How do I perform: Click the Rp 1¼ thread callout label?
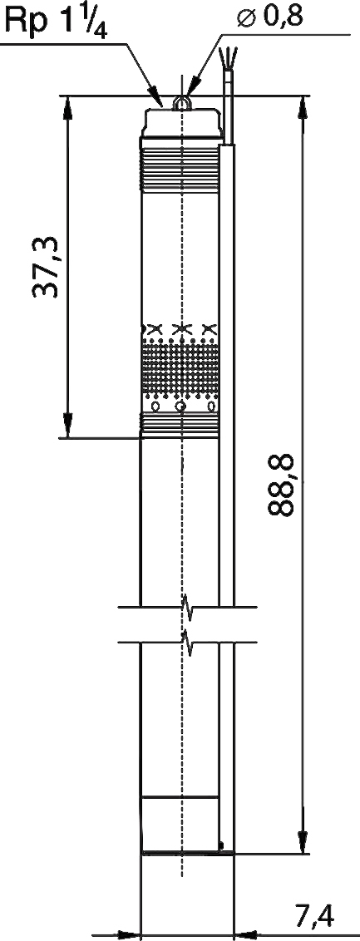point(56,22)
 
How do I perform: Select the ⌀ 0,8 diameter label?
point(269,18)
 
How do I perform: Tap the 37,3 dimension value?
point(46,267)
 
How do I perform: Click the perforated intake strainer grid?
point(180,367)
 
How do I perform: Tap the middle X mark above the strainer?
point(180,329)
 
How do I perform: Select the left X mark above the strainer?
point(155,329)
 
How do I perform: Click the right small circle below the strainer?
point(211,406)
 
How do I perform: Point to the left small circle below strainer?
point(155,406)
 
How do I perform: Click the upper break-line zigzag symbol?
point(187,608)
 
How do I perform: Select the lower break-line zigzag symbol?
point(187,642)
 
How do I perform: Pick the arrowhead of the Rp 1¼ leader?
point(156,98)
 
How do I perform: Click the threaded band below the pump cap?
point(180,170)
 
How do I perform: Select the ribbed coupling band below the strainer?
point(180,425)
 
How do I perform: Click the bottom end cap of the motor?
point(180,825)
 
